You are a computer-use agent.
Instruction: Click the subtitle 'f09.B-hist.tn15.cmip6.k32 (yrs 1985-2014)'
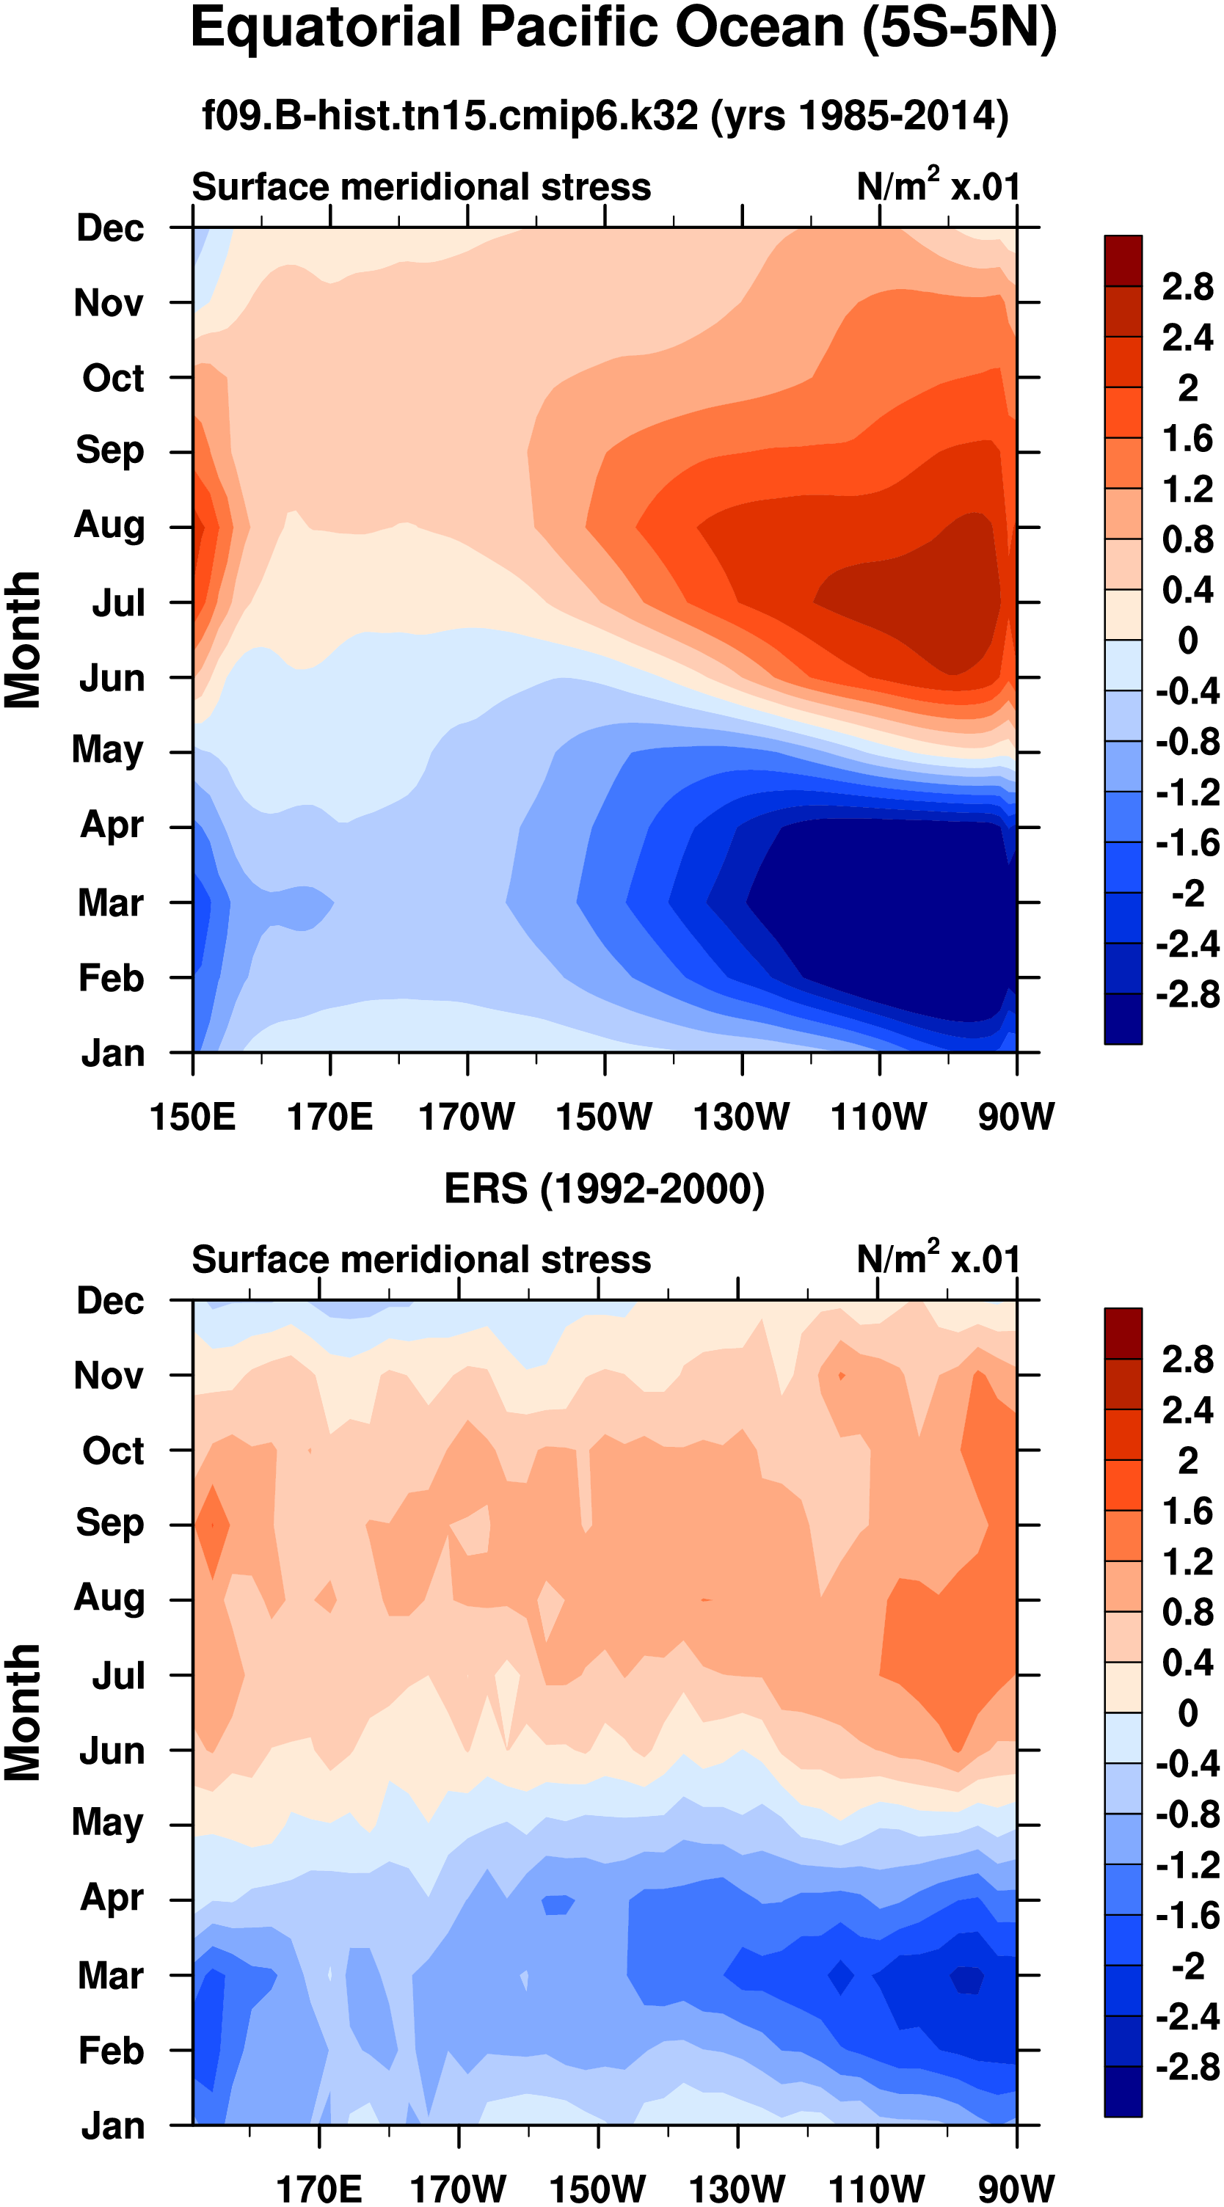605,116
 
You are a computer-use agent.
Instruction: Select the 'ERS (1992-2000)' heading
604,1189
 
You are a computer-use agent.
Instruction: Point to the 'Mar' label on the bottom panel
111,1976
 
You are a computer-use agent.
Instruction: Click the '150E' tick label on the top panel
192,1117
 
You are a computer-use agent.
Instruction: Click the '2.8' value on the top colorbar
1187,287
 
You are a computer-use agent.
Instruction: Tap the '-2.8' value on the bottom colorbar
1187,2068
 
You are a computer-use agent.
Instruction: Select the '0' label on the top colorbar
1187,640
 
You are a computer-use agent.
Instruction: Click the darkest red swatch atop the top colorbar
1123,260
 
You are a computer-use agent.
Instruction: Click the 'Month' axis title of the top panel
23,640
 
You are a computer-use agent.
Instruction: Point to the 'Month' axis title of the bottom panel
23,1712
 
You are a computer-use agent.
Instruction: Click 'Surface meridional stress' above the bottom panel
421,1260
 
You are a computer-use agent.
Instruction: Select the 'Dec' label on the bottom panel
110,1301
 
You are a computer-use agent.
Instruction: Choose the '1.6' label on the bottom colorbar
1187,1511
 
